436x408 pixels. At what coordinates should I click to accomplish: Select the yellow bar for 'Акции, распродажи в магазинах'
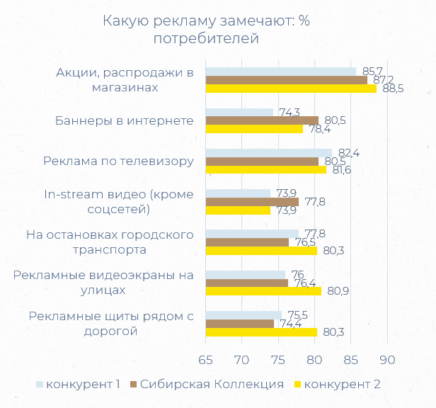pyautogui.click(x=290, y=89)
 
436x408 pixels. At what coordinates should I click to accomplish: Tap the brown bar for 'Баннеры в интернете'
pyautogui.click(x=261, y=120)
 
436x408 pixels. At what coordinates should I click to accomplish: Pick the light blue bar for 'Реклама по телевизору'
pyautogui.click(x=268, y=153)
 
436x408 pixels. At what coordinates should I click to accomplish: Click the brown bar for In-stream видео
pyautogui.click(x=251, y=202)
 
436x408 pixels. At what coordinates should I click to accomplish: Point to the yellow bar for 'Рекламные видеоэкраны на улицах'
pyautogui.click(x=263, y=291)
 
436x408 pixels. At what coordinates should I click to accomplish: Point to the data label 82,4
pyautogui.click(x=349, y=153)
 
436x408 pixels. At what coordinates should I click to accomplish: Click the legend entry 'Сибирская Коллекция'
pyautogui.click(x=212, y=384)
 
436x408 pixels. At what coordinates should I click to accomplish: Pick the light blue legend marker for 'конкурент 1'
pyautogui.click(x=40, y=384)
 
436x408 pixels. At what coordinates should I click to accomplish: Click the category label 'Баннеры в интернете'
pyautogui.click(x=125, y=120)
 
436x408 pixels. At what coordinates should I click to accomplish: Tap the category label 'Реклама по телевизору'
pyautogui.click(x=118, y=161)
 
